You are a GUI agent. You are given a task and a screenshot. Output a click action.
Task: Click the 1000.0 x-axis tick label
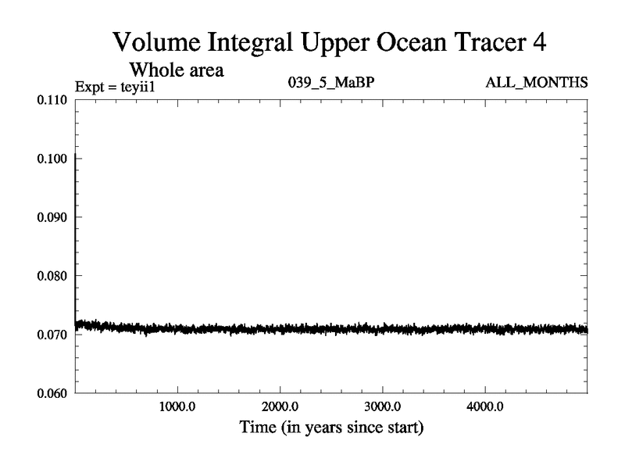(x=178, y=407)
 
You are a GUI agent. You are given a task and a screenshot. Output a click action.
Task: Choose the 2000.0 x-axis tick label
(x=280, y=407)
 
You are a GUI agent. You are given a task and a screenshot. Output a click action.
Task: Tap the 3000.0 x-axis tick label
(x=383, y=407)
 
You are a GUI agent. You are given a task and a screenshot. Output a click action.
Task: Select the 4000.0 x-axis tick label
(x=485, y=407)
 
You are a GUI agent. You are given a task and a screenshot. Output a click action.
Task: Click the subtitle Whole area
(x=177, y=70)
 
